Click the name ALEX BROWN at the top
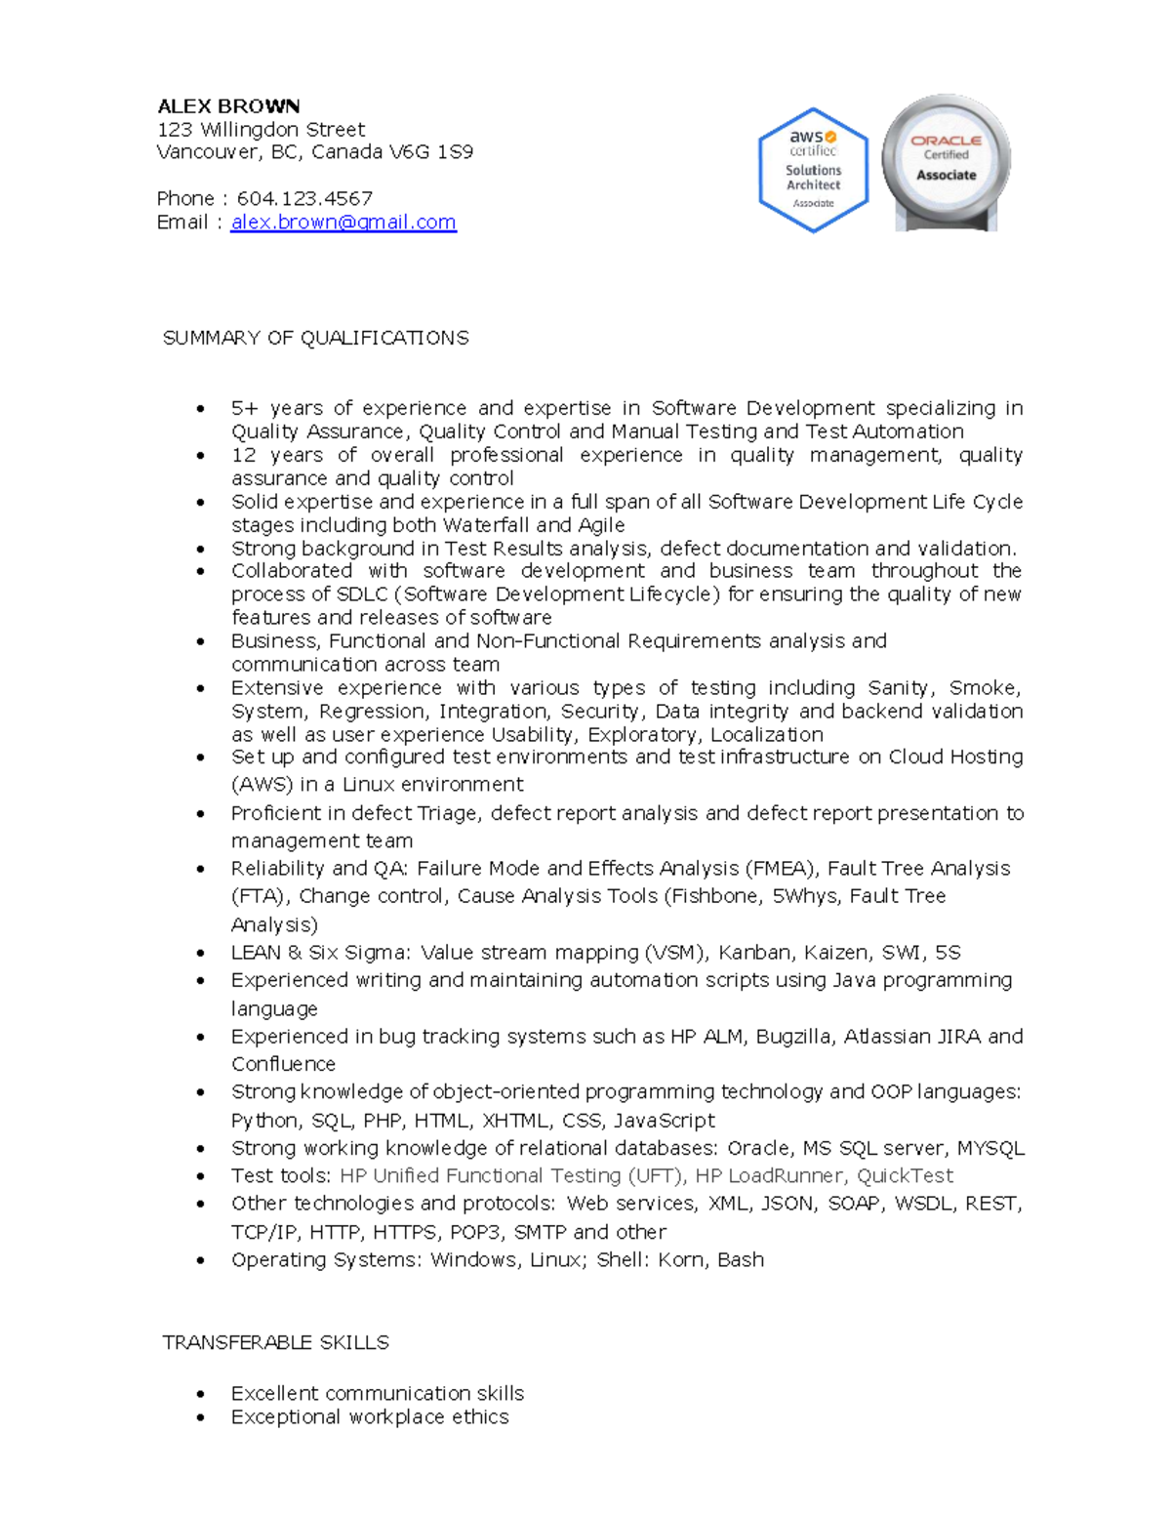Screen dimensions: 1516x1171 pyautogui.click(x=228, y=106)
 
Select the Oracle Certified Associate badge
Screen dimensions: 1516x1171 pyautogui.click(x=946, y=163)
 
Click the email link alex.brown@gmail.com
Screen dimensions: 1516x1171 pyautogui.click(x=343, y=223)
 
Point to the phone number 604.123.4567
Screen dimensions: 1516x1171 pyautogui.click(x=304, y=199)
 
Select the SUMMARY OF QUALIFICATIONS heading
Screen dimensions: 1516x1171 pyautogui.click(x=315, y=338)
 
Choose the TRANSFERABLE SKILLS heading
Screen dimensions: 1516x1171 pyautogui.click(x=275, y=1343)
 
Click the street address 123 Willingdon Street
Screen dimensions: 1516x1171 pyautogui.click(x=261, y=130)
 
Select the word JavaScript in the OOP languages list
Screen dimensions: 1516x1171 pyautogui.click(x=664, y=1121)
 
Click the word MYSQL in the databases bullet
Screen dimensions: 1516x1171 pyautogui.click(x=990, y=1149)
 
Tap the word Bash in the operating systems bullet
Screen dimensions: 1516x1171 pyautogui.click(x=741, y=1260)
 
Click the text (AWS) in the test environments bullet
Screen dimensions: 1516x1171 pyautogui.click(x=262, y=785)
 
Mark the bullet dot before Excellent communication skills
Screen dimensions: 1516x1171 pyautogui.click(x=201, y=1394)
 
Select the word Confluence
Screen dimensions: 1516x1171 pyautogui.click(x=283, y=1064)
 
